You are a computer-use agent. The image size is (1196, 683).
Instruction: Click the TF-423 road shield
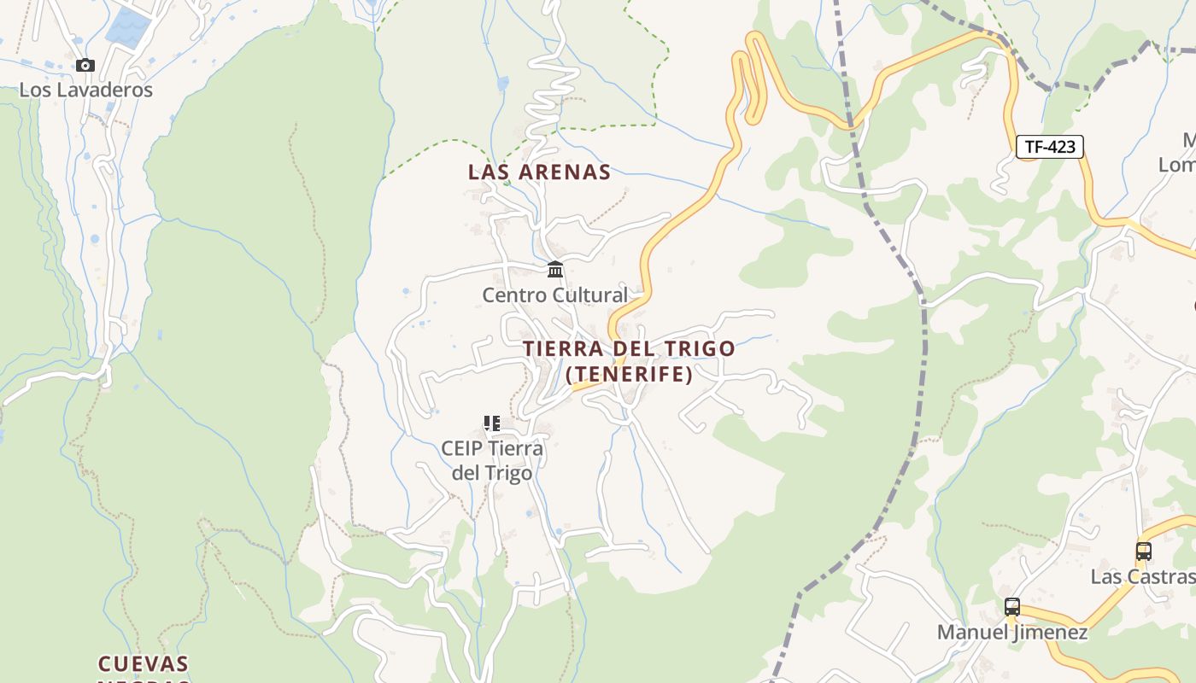1050,147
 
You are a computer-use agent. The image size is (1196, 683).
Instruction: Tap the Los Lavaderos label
85,90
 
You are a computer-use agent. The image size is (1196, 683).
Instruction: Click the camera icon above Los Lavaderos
85,65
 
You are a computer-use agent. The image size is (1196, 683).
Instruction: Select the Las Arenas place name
539,172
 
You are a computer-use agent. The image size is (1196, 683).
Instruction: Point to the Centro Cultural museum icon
555,270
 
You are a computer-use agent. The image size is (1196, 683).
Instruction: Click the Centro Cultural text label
554,295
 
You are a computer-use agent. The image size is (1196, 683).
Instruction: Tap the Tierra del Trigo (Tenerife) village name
629,361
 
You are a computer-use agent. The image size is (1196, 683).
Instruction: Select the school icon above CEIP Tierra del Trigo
491,423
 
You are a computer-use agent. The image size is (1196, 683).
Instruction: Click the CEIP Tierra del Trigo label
492,461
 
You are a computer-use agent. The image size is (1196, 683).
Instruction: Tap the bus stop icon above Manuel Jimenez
1012,607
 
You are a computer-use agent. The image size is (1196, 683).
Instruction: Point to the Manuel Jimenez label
1012,633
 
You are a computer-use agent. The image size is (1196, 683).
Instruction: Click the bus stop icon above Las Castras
1144,552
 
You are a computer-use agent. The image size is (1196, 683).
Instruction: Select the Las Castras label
1142,577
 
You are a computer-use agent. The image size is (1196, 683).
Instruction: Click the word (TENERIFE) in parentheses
629,374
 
